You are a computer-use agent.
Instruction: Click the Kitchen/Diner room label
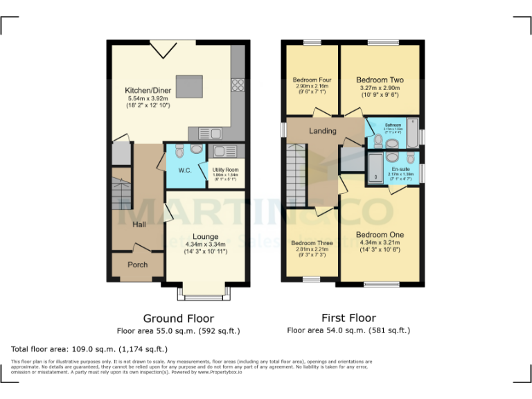point(148,91)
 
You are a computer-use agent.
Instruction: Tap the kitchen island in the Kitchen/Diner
point(189,87)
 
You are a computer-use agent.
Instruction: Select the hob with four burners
point(238,85)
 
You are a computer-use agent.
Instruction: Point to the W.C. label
point(185,170)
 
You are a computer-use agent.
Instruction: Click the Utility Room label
point(225,170)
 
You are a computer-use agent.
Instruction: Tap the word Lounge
point(205,236)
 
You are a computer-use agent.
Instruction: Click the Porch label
point(138,265)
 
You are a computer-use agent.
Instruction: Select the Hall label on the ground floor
point(139,224)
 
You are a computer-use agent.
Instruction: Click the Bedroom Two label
point(380,80)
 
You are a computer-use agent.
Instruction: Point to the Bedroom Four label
point(312,80)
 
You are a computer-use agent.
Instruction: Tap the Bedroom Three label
point(312,243)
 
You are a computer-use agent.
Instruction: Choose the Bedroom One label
point(380,235)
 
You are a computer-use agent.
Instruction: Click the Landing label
point(323,131)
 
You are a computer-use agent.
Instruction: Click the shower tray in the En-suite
point(375,169)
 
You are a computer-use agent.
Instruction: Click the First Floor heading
point(348,318)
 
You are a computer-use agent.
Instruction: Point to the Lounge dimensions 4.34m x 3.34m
point(205,244)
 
